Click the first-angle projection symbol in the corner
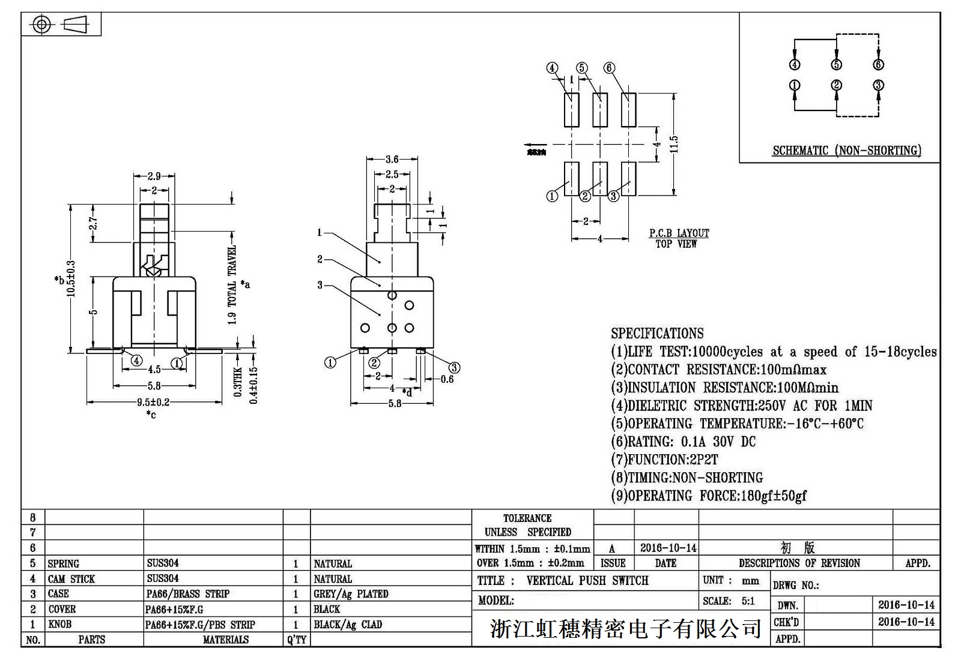tap(61, 24)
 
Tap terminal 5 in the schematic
tap(836, 65)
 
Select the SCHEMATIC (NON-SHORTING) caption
tap(846, 151)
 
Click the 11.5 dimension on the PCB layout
tap(674, 144)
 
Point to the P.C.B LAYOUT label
tap(679, 233)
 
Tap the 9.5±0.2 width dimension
tap(153, 402)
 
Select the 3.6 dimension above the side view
tap(392, 159)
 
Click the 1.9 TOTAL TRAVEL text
tap(232, 285)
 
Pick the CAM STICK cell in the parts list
tap(71, 579)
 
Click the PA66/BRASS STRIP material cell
tap(188, 594)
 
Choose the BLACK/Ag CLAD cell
tap(348, 625)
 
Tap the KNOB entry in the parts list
tap(60, 625)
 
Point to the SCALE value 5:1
tap(748, 601)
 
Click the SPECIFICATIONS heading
tap(657, 334)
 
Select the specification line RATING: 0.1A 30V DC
tap(684, 442)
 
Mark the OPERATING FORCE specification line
tap(709, 496)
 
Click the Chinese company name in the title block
tap(625, 628)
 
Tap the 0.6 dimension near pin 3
tap(447, 379)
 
